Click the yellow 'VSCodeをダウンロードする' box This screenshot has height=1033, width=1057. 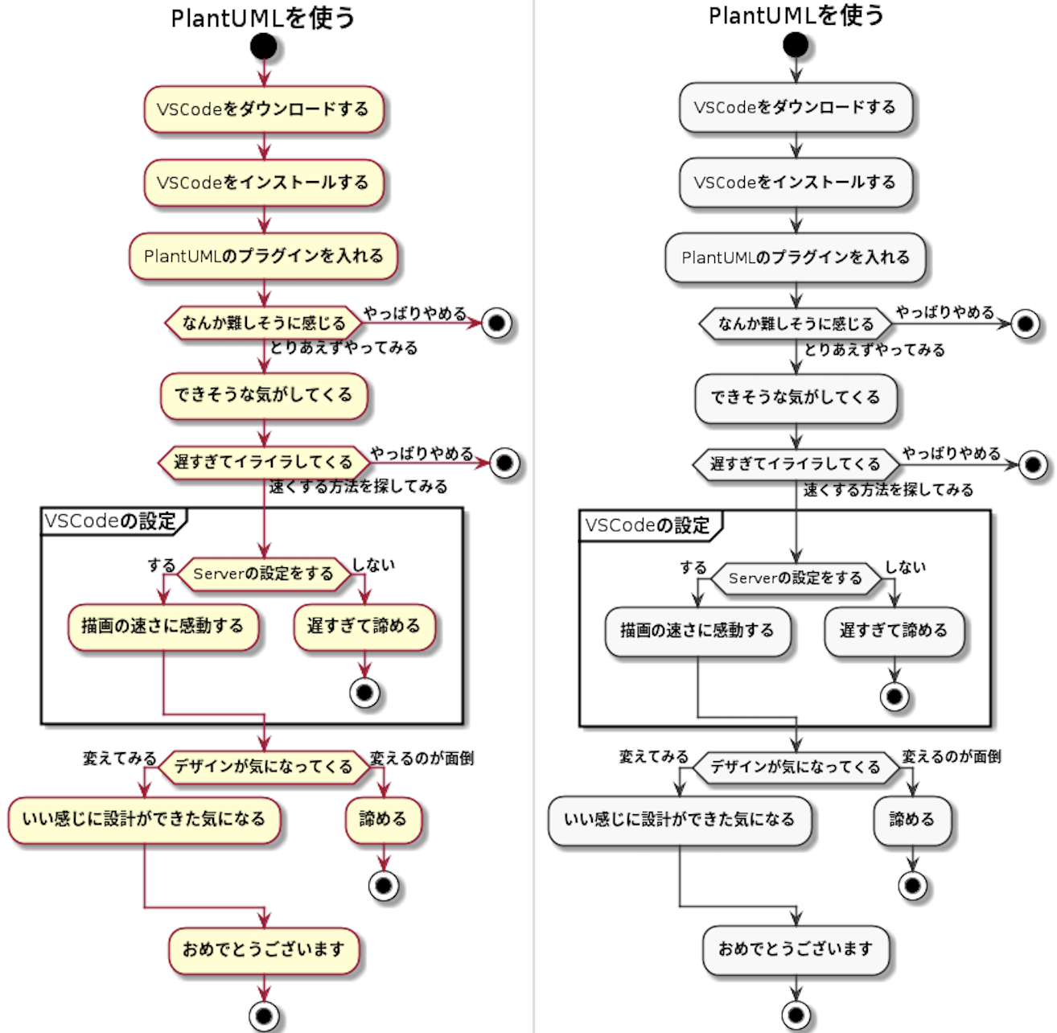[264, 109]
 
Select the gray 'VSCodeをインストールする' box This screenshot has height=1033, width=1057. [796, 183]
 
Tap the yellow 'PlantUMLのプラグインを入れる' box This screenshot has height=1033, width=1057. [263, 257]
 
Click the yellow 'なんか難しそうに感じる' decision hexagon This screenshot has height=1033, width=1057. [264, 323]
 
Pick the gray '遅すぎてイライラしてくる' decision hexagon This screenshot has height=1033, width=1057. [796, 464]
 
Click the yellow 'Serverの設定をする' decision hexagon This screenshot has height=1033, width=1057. [264, 574]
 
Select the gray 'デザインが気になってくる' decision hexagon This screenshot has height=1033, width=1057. [796, 767]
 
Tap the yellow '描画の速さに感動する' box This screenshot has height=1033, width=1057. [163, 627]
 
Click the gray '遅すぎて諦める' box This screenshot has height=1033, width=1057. [894, 631]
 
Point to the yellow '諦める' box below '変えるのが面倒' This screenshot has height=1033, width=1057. [384, 820]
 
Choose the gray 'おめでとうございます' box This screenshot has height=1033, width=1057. [796, 950]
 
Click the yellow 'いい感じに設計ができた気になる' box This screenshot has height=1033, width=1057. [144, 820]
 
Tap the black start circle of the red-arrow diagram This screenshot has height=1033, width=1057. [264, 46]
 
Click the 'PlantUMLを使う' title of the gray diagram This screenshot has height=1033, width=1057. [796, 15]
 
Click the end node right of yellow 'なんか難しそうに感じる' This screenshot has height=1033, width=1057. [496, 323]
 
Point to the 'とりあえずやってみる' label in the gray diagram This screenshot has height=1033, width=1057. [874, 350]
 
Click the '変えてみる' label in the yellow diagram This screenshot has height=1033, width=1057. [120, 758]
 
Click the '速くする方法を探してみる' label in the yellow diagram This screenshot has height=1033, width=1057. [358, 487]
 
